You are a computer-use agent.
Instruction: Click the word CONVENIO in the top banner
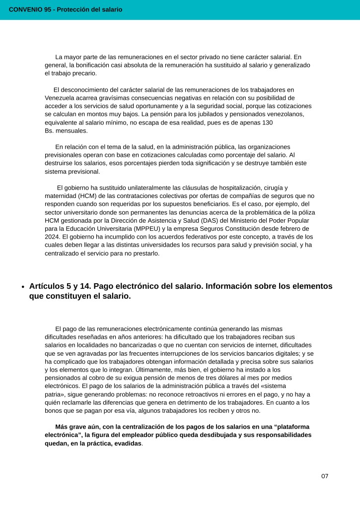coord(25,9)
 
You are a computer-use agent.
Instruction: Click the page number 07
coord(325,476)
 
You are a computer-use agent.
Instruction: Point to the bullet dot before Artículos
coord(23,287)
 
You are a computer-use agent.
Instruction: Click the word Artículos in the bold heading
coord(47,286)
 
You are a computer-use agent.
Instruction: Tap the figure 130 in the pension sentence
coord(267,123)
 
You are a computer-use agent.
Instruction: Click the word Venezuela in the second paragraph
coord(60,98)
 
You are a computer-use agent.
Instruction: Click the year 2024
coord(53,237)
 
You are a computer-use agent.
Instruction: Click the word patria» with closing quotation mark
coord(55,394)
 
